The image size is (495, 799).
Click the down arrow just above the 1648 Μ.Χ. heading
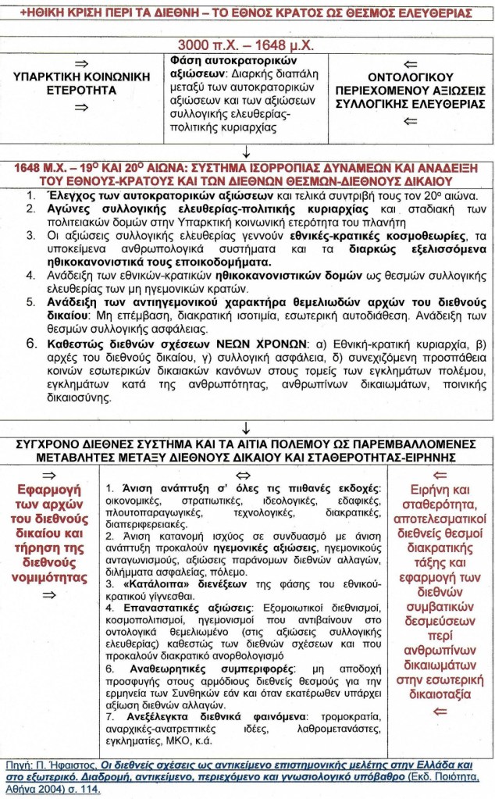[x=247, y=152]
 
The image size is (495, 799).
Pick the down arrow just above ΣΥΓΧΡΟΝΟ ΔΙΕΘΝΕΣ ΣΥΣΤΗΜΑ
[x=247, y=428]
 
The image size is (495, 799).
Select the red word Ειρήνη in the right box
[x=426, y=491]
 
